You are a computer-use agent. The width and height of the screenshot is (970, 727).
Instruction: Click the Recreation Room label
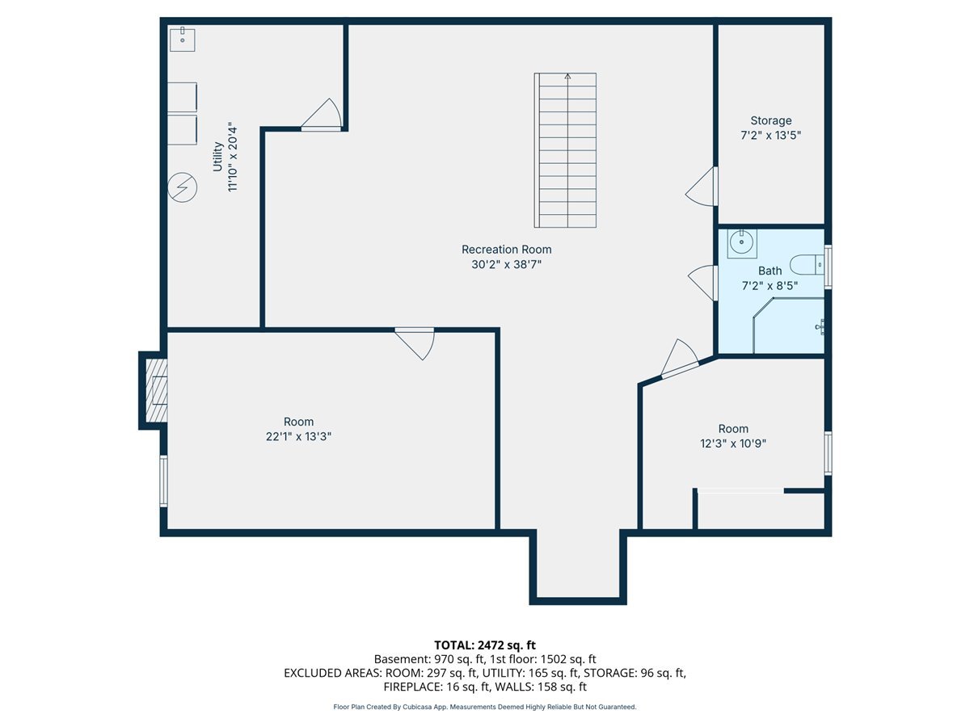(507, 250)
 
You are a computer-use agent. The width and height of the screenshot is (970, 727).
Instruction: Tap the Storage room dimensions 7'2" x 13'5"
(770, 135)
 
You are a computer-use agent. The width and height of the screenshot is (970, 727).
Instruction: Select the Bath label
(770, 271)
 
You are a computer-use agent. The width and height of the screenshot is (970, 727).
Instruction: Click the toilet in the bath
(807, 265)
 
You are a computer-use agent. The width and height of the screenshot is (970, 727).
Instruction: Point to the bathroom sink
(742, 244)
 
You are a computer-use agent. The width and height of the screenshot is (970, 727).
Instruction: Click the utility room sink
(182, 40)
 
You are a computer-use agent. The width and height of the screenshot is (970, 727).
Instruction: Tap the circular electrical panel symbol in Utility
(182, 187)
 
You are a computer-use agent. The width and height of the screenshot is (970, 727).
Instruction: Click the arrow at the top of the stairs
(567, 77)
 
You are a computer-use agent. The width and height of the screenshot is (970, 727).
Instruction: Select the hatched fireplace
(157, 390)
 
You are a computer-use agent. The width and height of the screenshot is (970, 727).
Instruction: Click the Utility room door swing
(321, 115)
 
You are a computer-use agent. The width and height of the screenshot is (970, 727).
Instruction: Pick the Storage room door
(702, 187)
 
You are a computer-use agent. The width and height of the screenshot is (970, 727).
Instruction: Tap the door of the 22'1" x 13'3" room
(415, 344)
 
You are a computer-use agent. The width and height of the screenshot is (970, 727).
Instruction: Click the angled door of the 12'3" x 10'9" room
(680, 359)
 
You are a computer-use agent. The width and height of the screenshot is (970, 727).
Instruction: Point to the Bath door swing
(702, 283)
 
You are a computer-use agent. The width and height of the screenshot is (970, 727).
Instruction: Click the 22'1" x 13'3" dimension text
(298, 436)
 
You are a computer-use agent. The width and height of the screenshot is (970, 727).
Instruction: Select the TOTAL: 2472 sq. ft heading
(485, 645)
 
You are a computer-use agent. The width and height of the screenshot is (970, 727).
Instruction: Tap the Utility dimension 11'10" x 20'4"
(233, 157)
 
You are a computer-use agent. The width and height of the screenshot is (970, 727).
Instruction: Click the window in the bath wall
(829, 267)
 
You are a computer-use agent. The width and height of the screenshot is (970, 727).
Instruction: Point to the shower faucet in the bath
(820, 327)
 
